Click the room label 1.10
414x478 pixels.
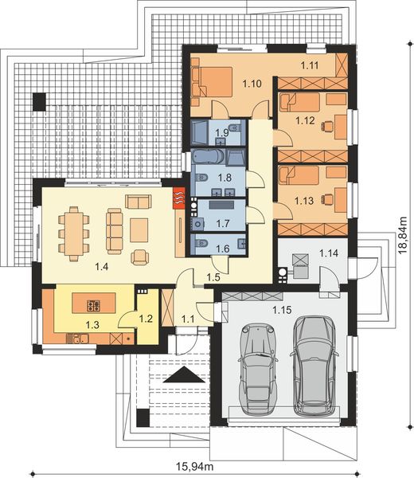click(252, 82)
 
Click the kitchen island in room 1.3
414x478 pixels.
click(91, 304)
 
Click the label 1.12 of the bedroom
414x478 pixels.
click(307, 122)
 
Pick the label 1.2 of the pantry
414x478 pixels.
click(145, 319)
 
